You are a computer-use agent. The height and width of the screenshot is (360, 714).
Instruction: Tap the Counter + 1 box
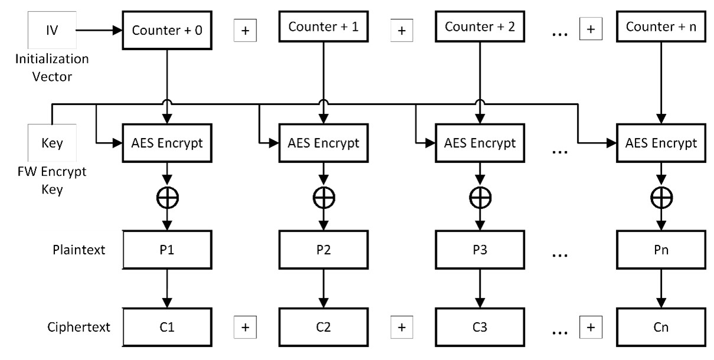tap(322, 27)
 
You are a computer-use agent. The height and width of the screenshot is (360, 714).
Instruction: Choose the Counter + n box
tap(661, 27)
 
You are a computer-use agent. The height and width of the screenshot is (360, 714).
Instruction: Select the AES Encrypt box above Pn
tap(661, 143)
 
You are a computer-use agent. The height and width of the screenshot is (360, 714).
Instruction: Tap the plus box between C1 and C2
tap(245, 326)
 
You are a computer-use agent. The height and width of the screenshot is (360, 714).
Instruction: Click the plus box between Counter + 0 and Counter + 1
tap(245, 31)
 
